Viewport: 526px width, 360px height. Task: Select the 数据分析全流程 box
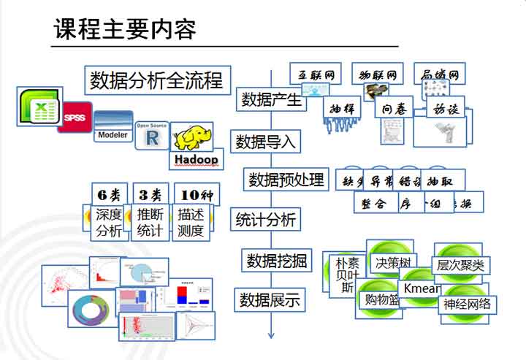[156, 80]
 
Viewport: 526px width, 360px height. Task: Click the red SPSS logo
[75, 117]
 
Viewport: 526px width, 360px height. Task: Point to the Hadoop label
[196, 158]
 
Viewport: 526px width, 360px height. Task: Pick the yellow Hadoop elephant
[194, 137]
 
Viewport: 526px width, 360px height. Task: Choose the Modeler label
[113, 134]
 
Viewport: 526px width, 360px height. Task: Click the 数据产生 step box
[272, 99]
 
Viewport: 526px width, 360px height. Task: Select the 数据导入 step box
[265, 141]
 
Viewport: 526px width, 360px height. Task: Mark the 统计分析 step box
[265, 218]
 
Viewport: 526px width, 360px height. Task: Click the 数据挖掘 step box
[277, 260]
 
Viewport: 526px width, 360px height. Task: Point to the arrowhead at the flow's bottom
[270, 334]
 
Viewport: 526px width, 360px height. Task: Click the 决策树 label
[394, 262]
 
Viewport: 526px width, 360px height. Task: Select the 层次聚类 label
[460, 266]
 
